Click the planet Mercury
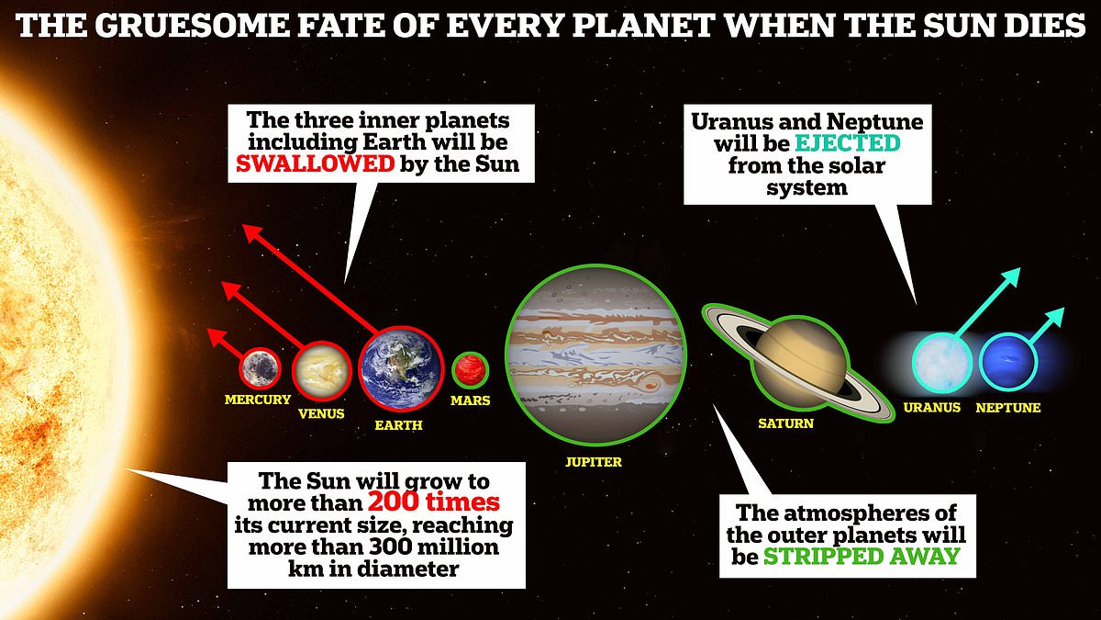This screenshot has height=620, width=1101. click(x=261, y=367)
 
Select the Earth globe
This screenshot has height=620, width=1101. click(x=401, y=368)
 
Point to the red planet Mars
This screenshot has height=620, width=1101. click(x=471, y=370)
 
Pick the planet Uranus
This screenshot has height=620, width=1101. click(x=942, y=363)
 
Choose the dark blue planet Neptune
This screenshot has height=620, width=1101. click(x=1007, y=362)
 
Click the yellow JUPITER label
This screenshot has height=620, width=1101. click(x=594, y=461)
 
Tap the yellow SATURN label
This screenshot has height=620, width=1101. click(x=785, y=423)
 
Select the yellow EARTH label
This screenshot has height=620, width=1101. click(x=398, y=424)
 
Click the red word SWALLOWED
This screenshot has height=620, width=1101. click(x=315, y=163)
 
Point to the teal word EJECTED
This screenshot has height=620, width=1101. click(x=848, y=143)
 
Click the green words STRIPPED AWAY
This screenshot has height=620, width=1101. click(x=862, y=557)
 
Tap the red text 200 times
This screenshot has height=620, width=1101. click(x=433, y=502)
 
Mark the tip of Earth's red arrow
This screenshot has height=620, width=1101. click(x=244, y=225)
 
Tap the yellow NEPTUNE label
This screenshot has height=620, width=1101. click(x=1008, y=408)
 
